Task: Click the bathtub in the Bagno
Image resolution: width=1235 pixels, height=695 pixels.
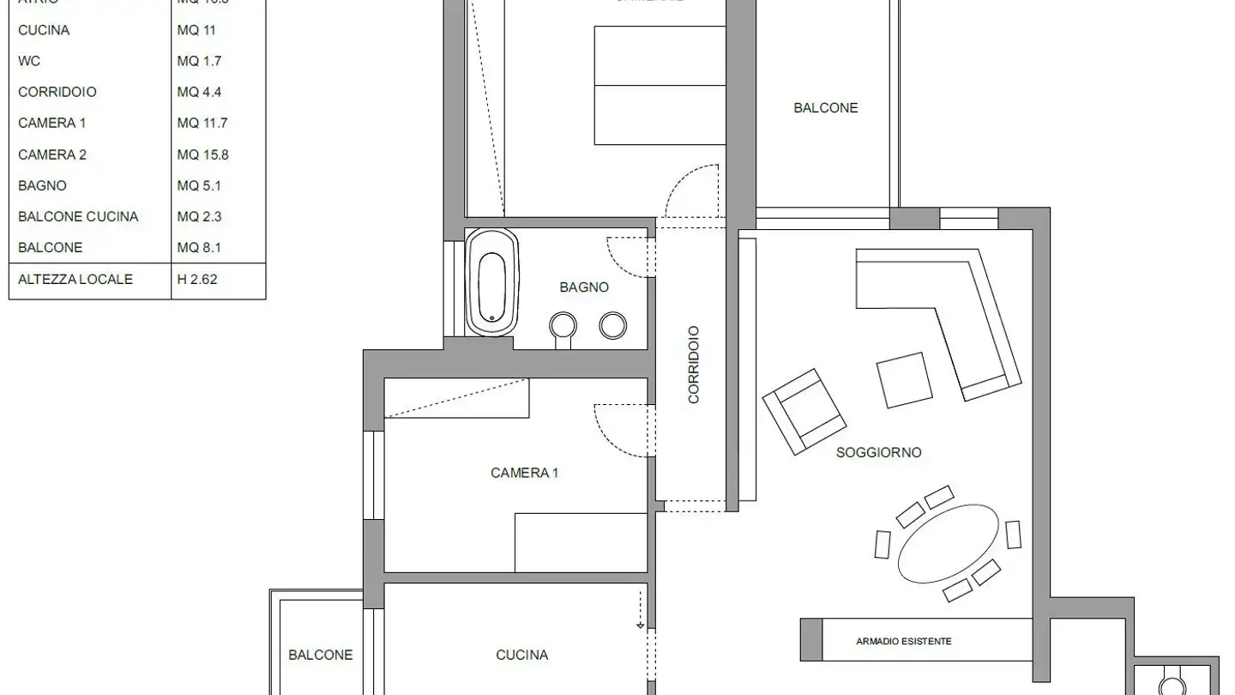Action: pyautogui.click(x=492, y=282)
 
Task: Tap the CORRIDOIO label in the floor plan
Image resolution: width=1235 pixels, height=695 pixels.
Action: pyautogui.click(x=694, y=365)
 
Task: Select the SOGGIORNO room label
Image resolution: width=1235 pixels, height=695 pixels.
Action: pyautogui.click(x=878, y=452)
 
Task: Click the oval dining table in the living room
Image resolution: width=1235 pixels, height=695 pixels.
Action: pyautogui.click(x=948, y=543)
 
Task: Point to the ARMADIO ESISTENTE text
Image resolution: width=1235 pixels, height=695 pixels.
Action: pyautogui.click(x=903, y=641)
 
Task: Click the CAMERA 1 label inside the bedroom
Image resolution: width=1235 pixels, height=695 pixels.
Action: pyautogui.click(x=524, y=473)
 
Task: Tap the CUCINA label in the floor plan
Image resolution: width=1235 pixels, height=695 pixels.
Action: pyautogui.click(x=521, y=655)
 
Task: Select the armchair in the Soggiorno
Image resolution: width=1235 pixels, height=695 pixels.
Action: pyautogui.click(x=804, y=412)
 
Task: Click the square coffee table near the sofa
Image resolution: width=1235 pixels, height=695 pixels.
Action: pyautogui.click(x=904, y=380)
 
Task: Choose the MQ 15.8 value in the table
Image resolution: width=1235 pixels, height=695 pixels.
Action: pyautogui.click(x=202, y=154)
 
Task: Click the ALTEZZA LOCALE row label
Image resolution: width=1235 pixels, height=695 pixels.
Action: pyautogui.click(x=75, y=279)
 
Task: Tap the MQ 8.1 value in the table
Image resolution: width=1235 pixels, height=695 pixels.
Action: pyautogui.click(x=199, y=247)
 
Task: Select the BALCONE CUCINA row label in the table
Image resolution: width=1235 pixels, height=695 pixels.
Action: pyautogui.click(x=78, y=216)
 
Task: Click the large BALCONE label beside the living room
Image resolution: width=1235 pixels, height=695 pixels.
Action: pyautogui.click(x=825, y=108)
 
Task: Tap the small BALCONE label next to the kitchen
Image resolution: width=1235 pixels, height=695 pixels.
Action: pyautogui.click(x=320, y=655)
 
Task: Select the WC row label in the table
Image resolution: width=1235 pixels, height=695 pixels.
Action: pyautogui.click(x=29, y=61)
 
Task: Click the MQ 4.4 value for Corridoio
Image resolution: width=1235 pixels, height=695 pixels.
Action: pyautogui.click(x=199, y=92)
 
